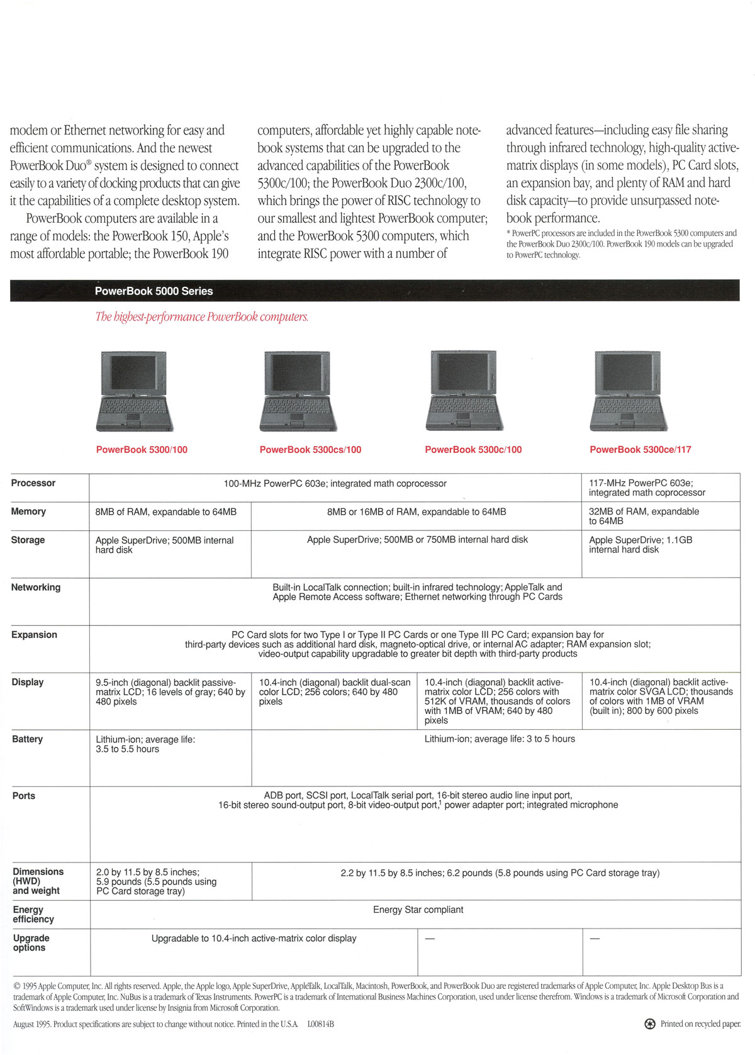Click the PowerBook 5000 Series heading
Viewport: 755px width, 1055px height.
coord(154,291)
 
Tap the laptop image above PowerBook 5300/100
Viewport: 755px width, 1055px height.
coord(134,391)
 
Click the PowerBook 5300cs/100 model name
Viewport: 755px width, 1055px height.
coord(310,450)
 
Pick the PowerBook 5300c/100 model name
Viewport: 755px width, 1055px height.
coord(473,450)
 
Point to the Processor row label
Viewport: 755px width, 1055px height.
coord(33,483)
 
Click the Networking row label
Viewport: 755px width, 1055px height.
coord(36,588)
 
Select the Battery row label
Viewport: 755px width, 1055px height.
coord(28,739)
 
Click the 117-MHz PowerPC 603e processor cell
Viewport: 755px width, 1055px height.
coord(646,488)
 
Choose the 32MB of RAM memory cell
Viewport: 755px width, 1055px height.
coord(643,516)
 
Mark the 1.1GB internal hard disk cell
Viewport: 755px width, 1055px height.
coord(640,545)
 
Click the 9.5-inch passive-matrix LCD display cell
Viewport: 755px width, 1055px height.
coord(170,692)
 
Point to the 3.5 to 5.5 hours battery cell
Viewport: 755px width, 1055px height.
coord(145,744)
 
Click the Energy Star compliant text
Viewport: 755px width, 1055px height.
coord(418,910)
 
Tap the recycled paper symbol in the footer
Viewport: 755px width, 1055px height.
coord(650,1024)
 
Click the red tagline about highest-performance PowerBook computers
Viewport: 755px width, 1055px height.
coord(202,317)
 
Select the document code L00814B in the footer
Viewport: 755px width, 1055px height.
coord(321,1024)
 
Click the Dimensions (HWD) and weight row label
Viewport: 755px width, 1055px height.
coord(38,881)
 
